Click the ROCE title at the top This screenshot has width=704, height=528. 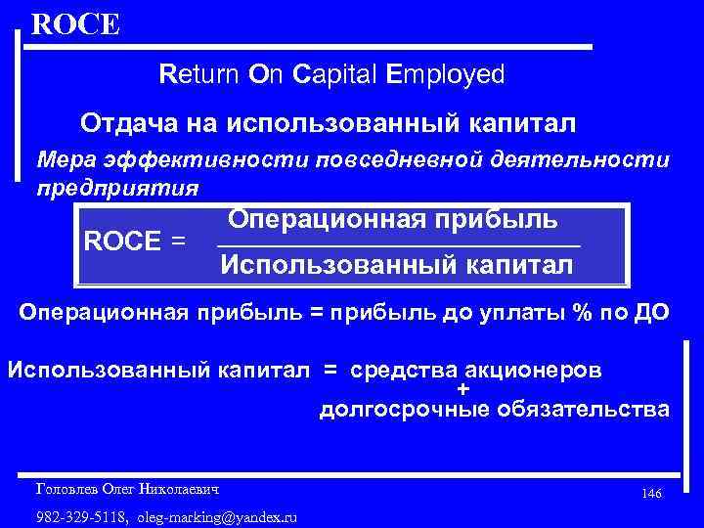coord(75,23)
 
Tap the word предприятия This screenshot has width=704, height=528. coord(117,187)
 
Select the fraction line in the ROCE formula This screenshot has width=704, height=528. coord(397,245)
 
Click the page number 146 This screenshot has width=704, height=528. coord(651,494)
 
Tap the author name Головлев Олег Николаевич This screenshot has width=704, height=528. coord(126,487)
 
